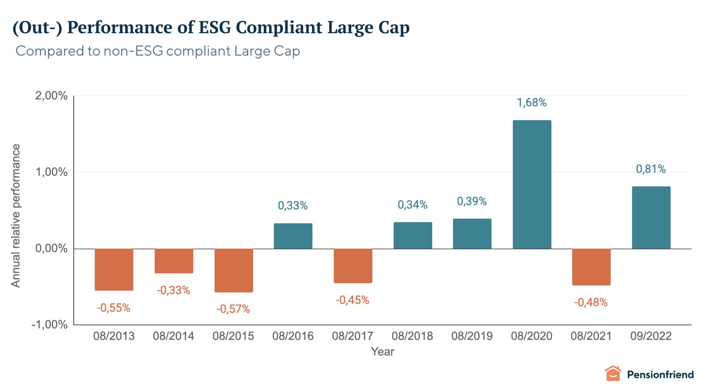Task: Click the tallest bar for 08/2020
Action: point(532,184)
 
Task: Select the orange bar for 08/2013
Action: point(114,269)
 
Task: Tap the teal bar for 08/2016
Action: point(293,236)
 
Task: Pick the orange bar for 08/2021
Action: point(591,267)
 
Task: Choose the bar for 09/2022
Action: point(651,218)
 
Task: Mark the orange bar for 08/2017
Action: point(353,266)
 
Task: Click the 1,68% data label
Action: point(532,103)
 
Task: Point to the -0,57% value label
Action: point(233,309)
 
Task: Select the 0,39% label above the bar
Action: point(472,201)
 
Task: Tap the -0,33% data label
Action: point(173,290)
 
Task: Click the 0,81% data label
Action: point(651,169)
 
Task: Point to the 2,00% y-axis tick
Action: point(51,96)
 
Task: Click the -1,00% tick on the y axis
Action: point(49,325)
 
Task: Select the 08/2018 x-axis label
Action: point(412,336)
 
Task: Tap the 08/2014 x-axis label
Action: point(174,336)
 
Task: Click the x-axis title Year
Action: point(382,352)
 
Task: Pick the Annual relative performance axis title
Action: point(16,215)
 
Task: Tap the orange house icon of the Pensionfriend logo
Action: point(613,374)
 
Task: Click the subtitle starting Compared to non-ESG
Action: point(158,51)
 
